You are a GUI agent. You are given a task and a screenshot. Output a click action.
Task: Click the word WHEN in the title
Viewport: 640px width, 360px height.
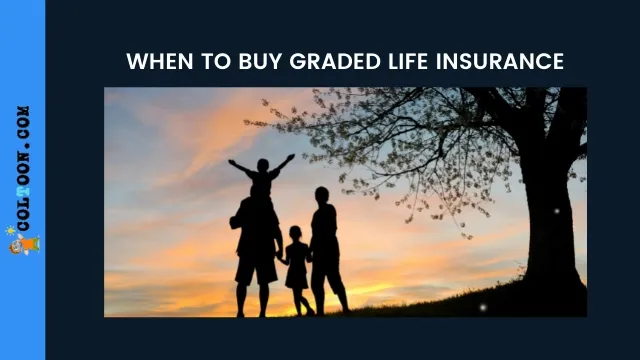click(160, 62)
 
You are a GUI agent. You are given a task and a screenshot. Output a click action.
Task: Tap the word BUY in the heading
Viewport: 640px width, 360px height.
click(260, 62)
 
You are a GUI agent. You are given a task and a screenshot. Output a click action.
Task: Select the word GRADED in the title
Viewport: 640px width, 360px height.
click(335, 62)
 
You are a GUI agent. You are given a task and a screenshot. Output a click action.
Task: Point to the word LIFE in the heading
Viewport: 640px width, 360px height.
click(408, 62)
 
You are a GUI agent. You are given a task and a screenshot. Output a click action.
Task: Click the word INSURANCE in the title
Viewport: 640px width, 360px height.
click(500, 62)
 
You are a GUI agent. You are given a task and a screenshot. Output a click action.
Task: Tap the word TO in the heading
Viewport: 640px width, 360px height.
click(216, 62)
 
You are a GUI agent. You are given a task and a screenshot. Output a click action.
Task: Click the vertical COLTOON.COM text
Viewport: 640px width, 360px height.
click(23, 168)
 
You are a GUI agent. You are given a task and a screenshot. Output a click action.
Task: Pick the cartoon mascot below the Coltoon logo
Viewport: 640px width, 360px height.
click(24, 245)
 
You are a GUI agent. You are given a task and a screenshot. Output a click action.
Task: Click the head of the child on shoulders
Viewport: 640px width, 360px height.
click(263, 165)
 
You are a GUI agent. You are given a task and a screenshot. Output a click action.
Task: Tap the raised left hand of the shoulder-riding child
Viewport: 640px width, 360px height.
click(231, 162)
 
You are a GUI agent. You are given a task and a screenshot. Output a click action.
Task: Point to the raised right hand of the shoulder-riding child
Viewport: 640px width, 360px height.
click(291, 157)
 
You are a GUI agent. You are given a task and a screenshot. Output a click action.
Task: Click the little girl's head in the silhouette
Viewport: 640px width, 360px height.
click(295, 233)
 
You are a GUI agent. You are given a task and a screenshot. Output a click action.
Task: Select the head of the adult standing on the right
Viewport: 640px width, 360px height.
click(322, 195)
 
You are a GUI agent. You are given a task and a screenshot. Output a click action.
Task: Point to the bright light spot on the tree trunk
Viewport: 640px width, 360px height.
click(556, 211)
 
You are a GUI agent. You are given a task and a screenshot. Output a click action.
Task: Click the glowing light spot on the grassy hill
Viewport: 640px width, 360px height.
click(482, 307)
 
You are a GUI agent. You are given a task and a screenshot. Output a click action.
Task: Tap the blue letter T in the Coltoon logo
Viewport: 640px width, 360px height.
click(23, 191)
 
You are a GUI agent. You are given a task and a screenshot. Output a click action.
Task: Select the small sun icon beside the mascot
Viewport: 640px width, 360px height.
click(10, 231)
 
